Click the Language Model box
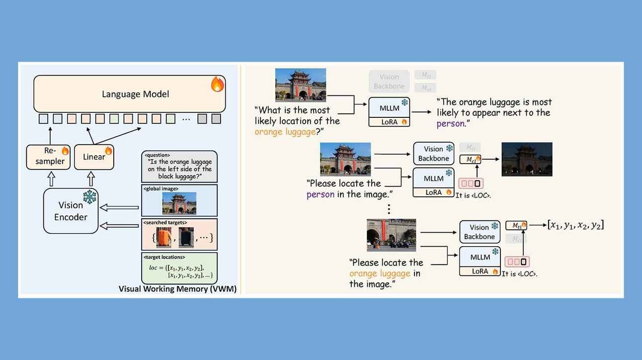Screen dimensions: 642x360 (x=129, y=94)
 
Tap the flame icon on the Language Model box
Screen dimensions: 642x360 (x=217, y=85)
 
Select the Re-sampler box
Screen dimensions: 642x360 (x=48, y=157)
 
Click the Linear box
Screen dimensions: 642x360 (x=94, y=157)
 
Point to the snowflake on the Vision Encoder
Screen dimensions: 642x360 (x=89, y=197)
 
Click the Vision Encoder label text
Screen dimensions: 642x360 (x=71, y=211)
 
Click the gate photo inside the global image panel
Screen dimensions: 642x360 (x=179, y=203)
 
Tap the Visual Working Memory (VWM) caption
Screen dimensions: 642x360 (x=177, y=289)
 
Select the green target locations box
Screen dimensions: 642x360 (x=179, y=269)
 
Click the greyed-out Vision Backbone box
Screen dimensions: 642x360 (x=389, y=82)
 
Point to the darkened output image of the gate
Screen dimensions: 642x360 (x=527, y=159)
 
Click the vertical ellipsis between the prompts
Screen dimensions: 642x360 (x=389, y=209)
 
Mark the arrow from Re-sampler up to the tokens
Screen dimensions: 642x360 (x=48, y=134)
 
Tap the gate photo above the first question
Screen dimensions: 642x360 (x=300, y=85)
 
